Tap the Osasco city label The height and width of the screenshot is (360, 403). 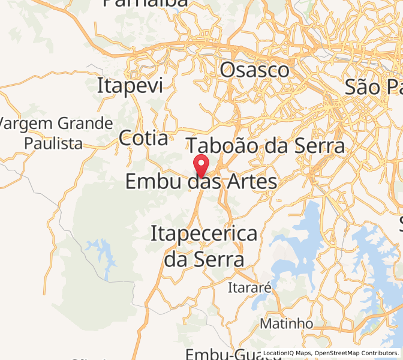tap(254, 70)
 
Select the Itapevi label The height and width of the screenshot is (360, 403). tap(130, 86)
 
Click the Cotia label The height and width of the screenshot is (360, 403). tap(143, 139)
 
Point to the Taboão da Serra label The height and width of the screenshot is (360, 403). tap(266, 146)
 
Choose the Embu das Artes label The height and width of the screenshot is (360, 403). tap(201, 181)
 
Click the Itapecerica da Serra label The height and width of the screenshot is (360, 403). tap(204, 246)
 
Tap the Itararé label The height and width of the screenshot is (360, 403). tap(249, 288)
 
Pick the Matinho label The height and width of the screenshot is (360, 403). tap(286, 323)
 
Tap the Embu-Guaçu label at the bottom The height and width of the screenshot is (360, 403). tap(224, 353)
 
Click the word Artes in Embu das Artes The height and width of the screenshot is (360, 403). tap(250, 181)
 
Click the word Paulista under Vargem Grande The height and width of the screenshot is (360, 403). tap(53, 143)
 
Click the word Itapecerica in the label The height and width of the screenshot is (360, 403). tap(204, 233)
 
